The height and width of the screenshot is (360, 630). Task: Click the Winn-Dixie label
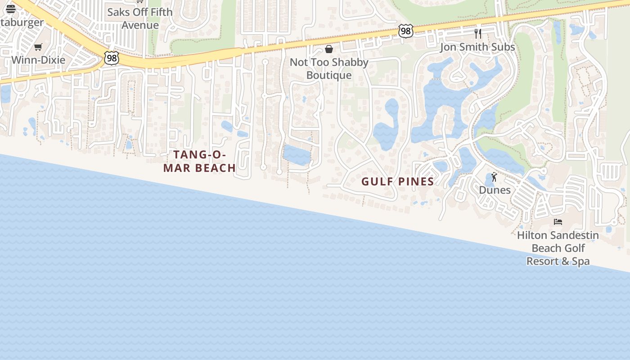pyautogui.click(x=38, y=60)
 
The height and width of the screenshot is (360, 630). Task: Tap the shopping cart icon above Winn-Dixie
pyautogui.click(x=38, y=47)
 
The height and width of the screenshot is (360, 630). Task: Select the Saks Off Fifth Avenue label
pyautogui.click(x=140, y=18)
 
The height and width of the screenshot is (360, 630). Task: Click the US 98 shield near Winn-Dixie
pyautogui.click(x=111, y=58)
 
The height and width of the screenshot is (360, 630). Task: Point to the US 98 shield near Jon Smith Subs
pyautogui.click(x=405, y=31)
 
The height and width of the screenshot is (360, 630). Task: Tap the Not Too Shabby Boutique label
pyautogui.click(x=329, y=68)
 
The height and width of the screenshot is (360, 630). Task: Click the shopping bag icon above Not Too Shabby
pyautogui.click(x=329, y=49)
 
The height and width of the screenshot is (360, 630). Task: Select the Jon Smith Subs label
pyautogui.click(x=477, y=47)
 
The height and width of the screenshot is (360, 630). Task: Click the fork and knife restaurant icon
pyautogui.click(x=478, y=33)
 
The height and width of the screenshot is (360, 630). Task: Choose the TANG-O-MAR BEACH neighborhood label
pyautogui.click(x=199, y=161)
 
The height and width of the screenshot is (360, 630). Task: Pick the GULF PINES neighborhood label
pyautogui.click(x=398, y=182)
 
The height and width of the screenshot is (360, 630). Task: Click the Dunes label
pyautogui.click(x=495, y=190)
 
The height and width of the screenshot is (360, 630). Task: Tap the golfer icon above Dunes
pyautogui.click(x=495, y=177)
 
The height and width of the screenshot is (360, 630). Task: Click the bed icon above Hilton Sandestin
pyautogui.click(x=558, y=222)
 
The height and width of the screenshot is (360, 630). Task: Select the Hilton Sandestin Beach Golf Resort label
pyautogui.click(x=558, y=248)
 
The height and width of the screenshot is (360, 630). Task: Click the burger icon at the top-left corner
pyautogui.click(x=11, y=9)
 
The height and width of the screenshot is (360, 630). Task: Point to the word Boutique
pyautogui.click(x=329, y=75)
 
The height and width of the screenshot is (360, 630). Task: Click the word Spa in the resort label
pyautogui.click(x=580, y=261)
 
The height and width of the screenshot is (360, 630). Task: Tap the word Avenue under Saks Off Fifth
pyautogui.click(x=140, y=25)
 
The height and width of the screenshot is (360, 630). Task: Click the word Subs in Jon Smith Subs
pyautogui.click(x=503, y=47)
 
